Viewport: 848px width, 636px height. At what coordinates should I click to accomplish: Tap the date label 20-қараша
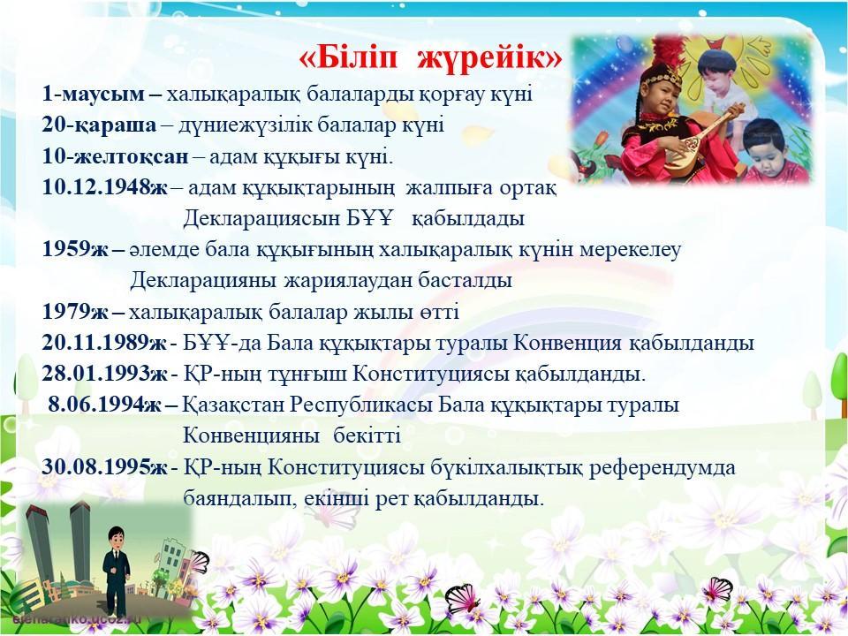pos(99,125)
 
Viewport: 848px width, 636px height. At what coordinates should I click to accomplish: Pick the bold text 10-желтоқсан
pos(115,157)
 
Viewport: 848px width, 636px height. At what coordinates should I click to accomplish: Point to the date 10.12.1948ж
pos(105,187)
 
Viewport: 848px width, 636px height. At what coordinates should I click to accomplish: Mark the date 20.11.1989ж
pos(104,343)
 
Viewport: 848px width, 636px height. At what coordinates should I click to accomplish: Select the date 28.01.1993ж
pos(105,373)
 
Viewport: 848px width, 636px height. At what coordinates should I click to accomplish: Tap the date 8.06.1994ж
pos(105,405)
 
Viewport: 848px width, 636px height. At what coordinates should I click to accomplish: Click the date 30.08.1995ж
pos(105,467)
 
